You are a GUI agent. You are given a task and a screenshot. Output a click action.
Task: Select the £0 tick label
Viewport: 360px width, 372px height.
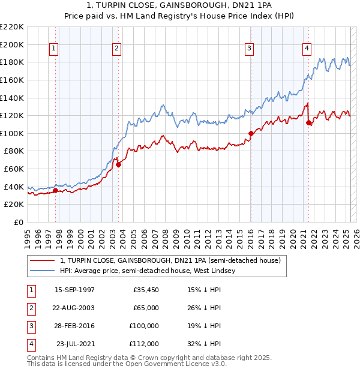[19, 223]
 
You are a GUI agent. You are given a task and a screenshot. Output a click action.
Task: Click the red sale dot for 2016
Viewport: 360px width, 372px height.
[251, 133]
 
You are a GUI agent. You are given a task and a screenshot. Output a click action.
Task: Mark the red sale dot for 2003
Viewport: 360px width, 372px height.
[118, 164]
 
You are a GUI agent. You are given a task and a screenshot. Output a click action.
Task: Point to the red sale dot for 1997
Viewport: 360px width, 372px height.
[55, 191]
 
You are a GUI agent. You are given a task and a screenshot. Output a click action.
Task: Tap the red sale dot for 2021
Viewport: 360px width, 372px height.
[308, 122]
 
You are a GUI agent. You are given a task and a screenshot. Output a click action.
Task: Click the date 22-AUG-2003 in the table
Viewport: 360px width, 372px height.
[74, 308]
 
